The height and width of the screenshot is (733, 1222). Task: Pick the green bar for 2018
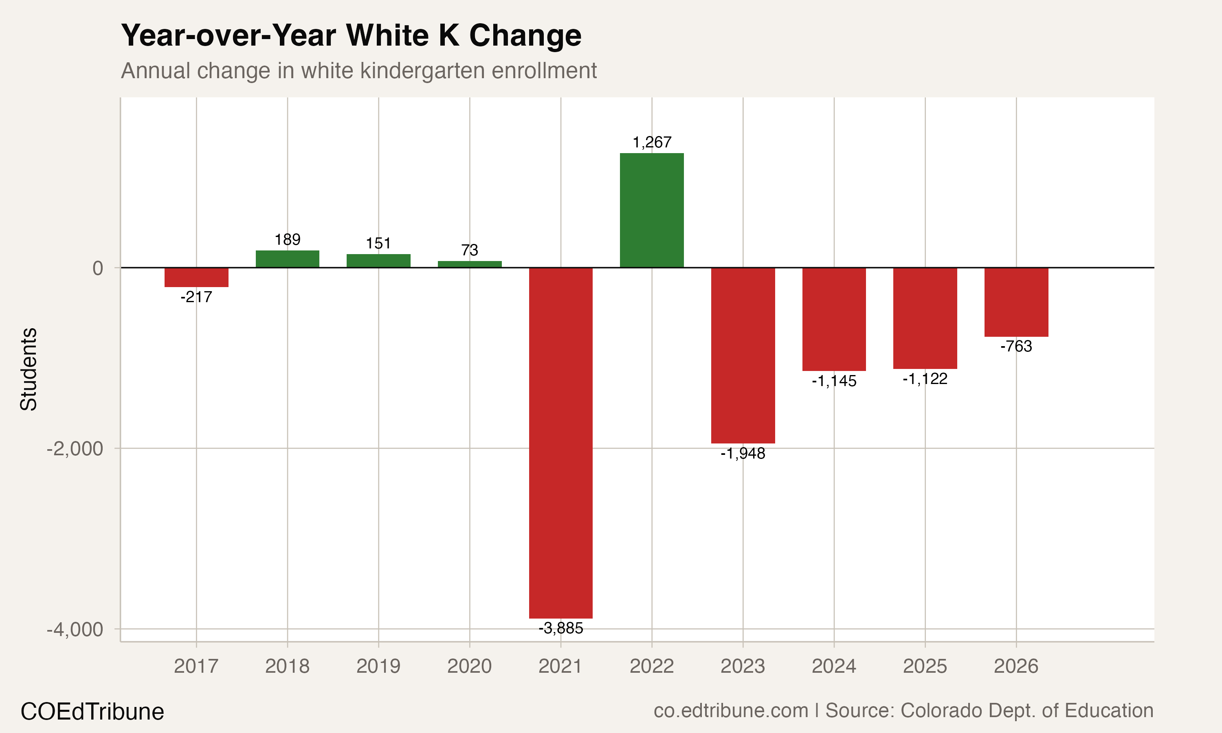288,259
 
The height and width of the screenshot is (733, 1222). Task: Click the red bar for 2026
1016,302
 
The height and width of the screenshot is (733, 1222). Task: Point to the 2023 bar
743,355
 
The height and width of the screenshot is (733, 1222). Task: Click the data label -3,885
560,628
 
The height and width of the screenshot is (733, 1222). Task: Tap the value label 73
469,250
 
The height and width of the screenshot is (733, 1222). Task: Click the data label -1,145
834,381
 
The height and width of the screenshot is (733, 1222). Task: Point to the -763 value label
1016,346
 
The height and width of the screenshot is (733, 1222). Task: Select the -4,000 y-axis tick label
75,630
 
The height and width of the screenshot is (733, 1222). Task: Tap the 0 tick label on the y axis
98,268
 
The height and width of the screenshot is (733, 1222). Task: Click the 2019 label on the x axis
378,666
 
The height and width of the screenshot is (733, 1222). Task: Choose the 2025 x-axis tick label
925,666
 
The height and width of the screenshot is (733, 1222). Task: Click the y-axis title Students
29,369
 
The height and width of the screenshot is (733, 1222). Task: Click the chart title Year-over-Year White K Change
351,35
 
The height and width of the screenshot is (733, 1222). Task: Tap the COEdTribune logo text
92,712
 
